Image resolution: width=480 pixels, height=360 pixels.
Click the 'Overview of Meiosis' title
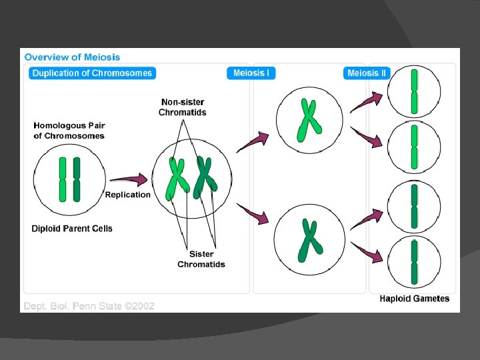click(x=72, y=57)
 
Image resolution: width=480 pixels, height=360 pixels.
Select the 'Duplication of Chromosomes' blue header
click(x=92, y=73)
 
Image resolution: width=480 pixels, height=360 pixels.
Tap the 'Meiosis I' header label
click(x=251, y=73)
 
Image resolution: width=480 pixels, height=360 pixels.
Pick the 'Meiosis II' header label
click(x=367, y=73)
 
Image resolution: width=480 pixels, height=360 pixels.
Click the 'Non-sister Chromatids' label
click(x=183, y=107)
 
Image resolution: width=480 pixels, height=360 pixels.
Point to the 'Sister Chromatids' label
click(x=201, y=259)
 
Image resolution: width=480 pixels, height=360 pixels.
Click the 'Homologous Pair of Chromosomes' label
click(x=69, y=131)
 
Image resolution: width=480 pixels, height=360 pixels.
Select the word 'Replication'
click(x=128, y=195)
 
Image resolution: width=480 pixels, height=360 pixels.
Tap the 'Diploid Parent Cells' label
click(x=72, y=229)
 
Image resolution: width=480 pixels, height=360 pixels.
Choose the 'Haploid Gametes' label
click(x=415, y=299)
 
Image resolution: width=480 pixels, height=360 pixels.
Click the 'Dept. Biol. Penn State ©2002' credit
click(x=89, y=306)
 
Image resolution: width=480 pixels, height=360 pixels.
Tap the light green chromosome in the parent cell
click(x=63, y=179)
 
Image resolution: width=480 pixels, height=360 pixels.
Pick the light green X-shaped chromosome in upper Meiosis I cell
click(x=308, y=120)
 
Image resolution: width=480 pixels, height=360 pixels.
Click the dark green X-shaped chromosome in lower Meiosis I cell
click(x=309, y=240)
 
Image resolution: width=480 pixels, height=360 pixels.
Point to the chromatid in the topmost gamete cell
click(x=414, y=91)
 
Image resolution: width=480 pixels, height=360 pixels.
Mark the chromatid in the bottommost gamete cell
click(x=414, y=262)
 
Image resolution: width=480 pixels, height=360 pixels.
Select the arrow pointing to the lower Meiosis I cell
click(x=253, y=215)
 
